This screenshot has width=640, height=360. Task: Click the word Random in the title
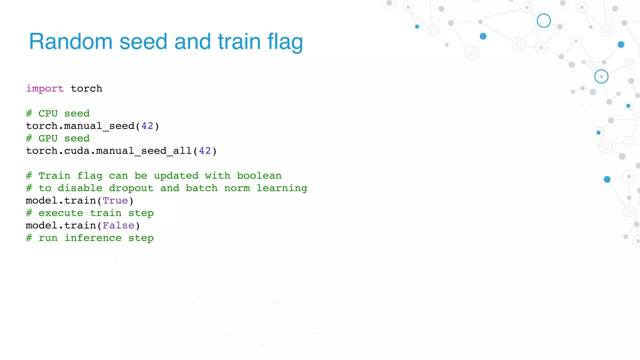pos(71,42)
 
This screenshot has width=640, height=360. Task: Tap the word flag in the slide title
pos(285,42)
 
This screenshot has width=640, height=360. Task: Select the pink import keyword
pos(45,89)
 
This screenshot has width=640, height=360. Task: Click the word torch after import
pos(87,89)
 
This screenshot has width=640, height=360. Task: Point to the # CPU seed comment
pos(58,113)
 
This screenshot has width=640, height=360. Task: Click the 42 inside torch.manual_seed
pos(147,126)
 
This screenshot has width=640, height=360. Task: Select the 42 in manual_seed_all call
pos(205,151)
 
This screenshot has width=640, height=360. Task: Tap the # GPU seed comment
pos(58,138)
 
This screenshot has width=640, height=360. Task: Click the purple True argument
pos(115,201)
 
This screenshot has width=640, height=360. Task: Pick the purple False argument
pos(118,226)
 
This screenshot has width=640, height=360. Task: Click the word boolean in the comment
pos(259,176)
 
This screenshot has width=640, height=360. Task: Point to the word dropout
pos(131,188)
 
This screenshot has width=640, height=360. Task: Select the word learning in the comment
pos(282,188)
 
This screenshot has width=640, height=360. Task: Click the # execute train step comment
pos(90,213)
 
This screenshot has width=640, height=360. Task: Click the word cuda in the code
pos(77,151)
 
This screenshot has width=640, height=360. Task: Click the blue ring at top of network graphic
pos(544,21)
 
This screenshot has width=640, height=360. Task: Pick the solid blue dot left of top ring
pos(483,36)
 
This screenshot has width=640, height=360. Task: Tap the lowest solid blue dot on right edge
pos(607,179)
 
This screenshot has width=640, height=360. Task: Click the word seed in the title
pos(143,42)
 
